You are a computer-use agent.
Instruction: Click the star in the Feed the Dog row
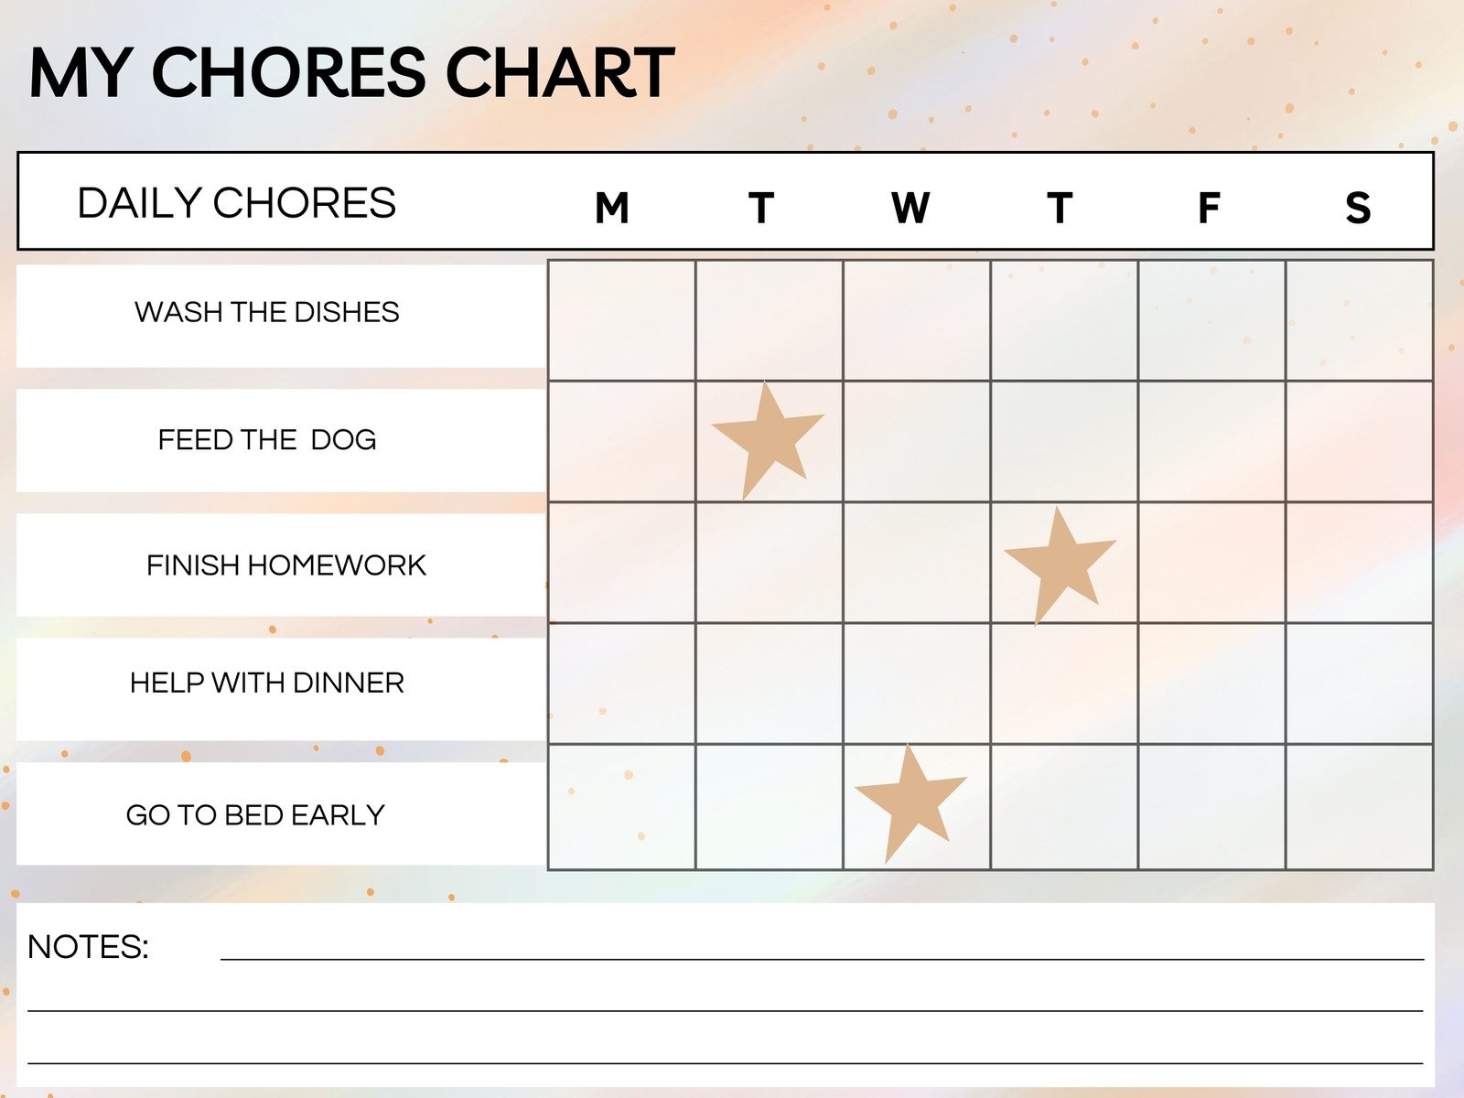tap(767, 442)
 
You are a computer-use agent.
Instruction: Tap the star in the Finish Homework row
tap(1060, 567)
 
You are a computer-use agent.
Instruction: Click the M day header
tap(611, 208)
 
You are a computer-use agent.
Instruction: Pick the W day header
tap(910, 208)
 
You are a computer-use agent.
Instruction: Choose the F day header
tap(1210, 208)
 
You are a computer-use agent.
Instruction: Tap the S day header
tap(1358, 208)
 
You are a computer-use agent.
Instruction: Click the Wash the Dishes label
tap(267, 312)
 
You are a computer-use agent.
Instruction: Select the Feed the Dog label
tap(267, 440)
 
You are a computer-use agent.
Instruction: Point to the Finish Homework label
tap(286, 565)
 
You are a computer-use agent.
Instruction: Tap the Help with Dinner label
tap(267, 683)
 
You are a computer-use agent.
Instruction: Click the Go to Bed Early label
tap(255, 815)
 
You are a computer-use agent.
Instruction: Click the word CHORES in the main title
tap(288, 72)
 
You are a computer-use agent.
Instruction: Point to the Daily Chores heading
tap(237, 202)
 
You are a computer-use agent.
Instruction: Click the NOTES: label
tap(88, 947)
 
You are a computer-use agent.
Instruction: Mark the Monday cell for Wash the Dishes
tap(621, 320)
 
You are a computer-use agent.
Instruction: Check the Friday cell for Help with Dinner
tap(1211, 684)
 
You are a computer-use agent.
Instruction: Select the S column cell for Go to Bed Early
tap(1360, 807)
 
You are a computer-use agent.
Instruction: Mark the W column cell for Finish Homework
tap(917, 563)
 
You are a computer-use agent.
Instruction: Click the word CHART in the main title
tap(560, 72)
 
